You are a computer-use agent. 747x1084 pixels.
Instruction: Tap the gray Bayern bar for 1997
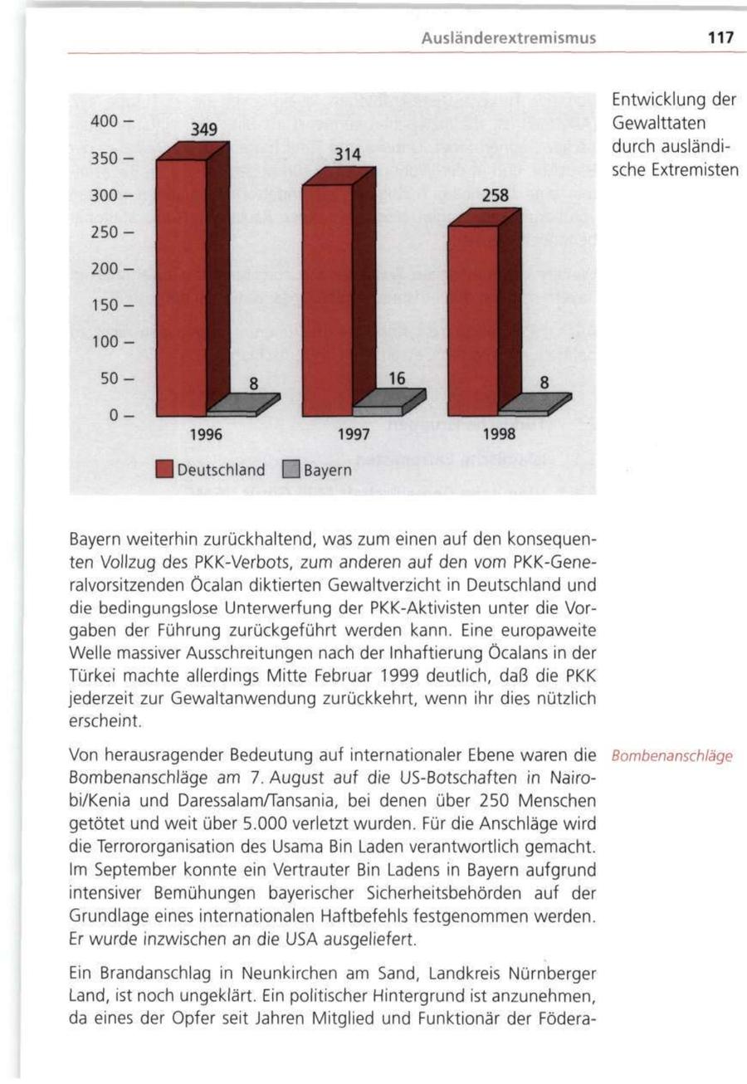378,409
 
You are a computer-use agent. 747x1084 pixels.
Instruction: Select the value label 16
397,378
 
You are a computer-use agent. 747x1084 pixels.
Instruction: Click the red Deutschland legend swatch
163,470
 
